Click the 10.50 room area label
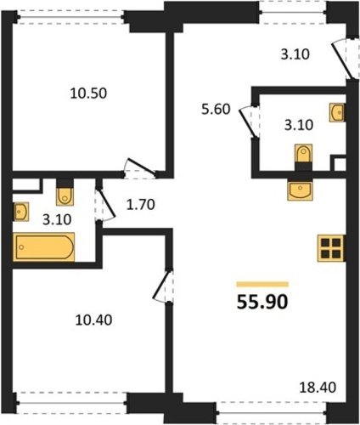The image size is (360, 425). pos(88,93)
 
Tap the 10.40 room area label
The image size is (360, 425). pos(93,320)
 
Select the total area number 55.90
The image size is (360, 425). pos(262,302)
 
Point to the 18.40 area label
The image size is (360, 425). pos(318,388)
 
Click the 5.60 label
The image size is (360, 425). pos(216,109)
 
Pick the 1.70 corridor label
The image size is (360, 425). pos(141,205)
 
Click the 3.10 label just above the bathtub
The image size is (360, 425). pos(57,219)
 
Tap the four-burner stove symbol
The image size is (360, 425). pos(330,248)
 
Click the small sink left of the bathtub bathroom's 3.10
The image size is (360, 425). pos(21,212)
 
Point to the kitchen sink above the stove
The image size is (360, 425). pos(301,190)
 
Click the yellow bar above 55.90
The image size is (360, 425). pos(262,284)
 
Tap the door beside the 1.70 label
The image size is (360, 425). pos(104,204)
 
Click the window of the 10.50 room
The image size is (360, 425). pos(70,17)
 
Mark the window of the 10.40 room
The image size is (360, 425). pos(71,402)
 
